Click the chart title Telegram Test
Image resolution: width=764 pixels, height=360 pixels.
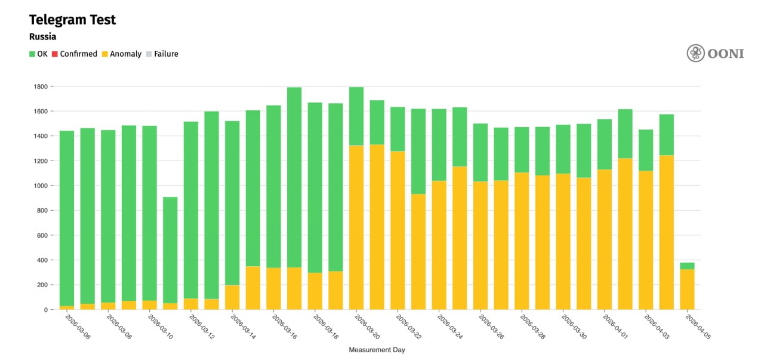72,20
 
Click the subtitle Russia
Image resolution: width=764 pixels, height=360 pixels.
42,37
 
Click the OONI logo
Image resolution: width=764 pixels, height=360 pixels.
715,53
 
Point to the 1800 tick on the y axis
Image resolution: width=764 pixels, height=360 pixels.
40,87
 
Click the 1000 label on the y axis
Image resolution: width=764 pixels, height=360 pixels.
40,186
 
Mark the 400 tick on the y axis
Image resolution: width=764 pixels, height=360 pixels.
42,260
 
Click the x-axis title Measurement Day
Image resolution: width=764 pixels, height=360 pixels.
377,350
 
